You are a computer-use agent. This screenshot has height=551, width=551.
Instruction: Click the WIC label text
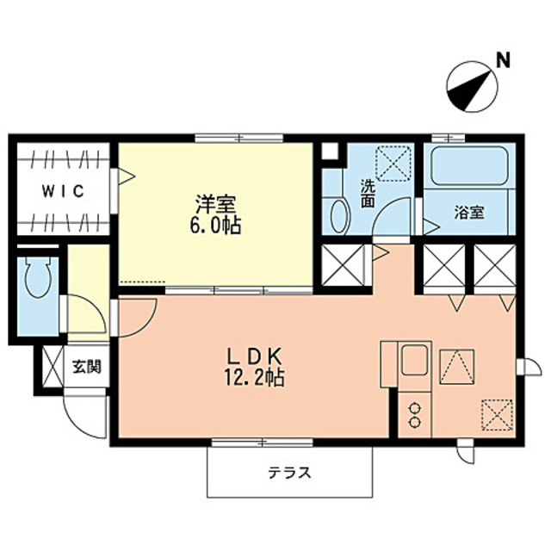(61, 192)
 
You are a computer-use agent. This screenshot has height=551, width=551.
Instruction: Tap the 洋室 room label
(216, 206)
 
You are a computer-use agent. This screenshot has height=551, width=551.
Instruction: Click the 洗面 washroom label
(368, 193)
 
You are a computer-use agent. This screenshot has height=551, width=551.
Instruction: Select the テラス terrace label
(288, 472)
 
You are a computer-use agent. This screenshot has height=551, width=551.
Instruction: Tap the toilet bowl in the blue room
(37, 281)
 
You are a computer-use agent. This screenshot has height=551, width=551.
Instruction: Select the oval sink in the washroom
(338, 213)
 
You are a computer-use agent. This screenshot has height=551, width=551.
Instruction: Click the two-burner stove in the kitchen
(414, 416)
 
